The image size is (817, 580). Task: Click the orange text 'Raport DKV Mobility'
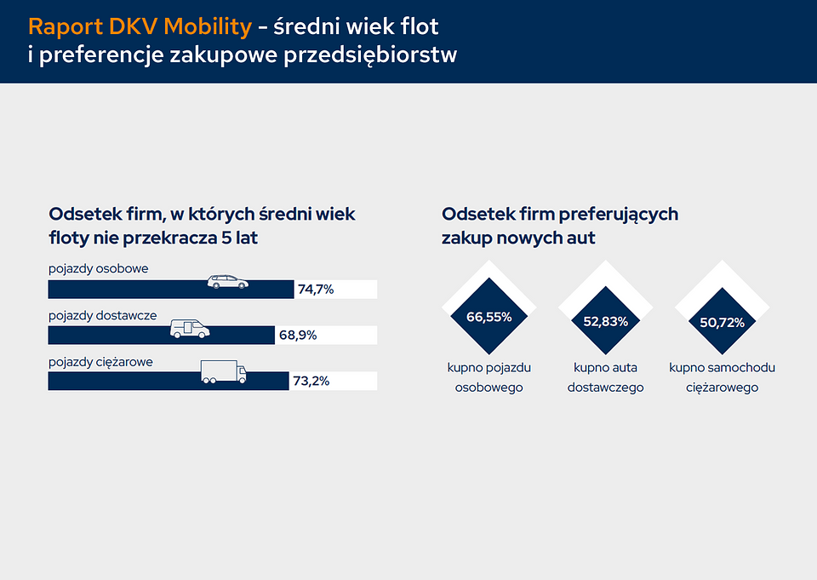click(x=140, y=26)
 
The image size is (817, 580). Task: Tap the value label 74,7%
click(x=316, y=290)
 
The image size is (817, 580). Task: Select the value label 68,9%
click(x=298, y=336)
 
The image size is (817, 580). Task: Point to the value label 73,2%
click(x=311, y=382)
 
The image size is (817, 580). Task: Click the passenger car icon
click(x=229, y=282)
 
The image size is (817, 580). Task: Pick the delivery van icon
click(x=190, y=329)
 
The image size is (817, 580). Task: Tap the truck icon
click(x=223, y=373)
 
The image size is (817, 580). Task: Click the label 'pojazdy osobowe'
click(x=98, y=269)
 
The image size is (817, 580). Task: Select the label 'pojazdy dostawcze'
click(x=102, y=315)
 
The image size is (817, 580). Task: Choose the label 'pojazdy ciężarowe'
click(x=100, y=362)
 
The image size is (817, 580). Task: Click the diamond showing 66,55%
click(x=488, y=317)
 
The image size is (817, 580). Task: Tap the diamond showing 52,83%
click(x=605, y=322)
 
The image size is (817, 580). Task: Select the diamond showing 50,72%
click(x=722, y=323)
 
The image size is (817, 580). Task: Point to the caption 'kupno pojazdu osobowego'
click(x=488, y=377)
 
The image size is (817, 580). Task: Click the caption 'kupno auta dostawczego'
click(x=605, y=377)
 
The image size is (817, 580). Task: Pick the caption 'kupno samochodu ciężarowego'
click(x=722, y=377)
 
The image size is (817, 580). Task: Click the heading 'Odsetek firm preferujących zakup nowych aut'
click(x=559, y=226)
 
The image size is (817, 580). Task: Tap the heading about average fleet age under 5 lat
click(x=202, y=226)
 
